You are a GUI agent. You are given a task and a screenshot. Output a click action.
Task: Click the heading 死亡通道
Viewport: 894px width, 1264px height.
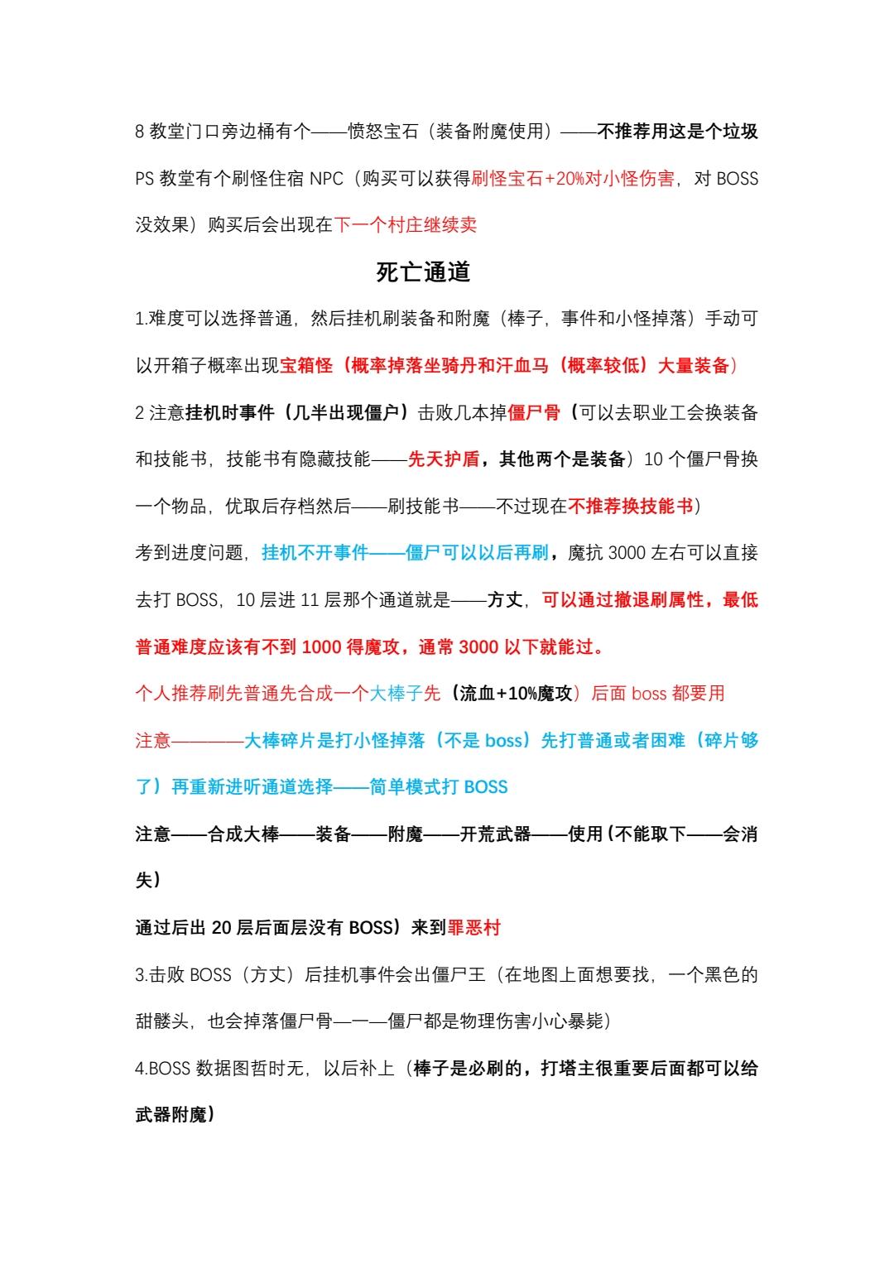tap(423, 272)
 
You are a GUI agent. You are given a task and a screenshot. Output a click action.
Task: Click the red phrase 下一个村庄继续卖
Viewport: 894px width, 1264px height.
tap(406, 225)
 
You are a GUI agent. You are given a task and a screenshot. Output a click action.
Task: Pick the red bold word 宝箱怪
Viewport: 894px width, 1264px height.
tap(306, 366)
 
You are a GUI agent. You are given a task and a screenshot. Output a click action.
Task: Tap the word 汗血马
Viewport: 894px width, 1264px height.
tap(523, 366)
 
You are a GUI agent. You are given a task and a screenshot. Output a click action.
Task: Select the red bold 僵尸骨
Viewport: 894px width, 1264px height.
tap(533, 412)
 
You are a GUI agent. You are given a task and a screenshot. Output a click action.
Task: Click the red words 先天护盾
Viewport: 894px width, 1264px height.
tap(443, 459)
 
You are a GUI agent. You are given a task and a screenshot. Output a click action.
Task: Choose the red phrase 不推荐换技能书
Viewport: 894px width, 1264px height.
tap(630, 506)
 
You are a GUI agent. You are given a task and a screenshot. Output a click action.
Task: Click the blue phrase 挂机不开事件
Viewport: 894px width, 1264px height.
tap(315, 553)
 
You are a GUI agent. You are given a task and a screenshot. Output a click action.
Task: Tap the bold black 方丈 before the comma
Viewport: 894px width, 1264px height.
tap(505, 600)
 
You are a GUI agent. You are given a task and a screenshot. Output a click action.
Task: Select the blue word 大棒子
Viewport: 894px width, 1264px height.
tap(396, 694)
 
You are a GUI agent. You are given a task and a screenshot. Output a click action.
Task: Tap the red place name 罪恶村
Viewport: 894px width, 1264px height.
tap(474, 928)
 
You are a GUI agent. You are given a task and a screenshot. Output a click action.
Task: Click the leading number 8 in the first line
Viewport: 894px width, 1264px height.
tap(140, 132)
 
